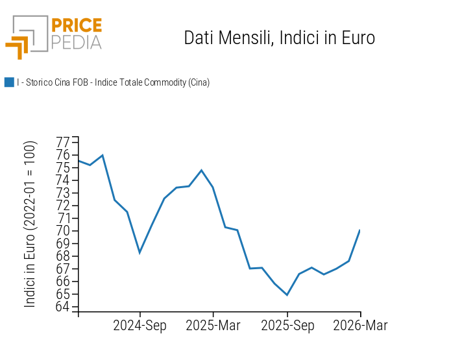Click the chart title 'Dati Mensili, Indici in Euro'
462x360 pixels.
[279, 38]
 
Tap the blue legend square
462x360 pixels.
[9, 82]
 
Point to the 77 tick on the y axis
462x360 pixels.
[63, 142]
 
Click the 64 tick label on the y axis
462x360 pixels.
[63, 307]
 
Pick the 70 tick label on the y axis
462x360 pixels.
[63, 231]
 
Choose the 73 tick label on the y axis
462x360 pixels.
[63, 193]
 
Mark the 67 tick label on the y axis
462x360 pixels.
[63, 269]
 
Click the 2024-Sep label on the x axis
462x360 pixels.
[140, 326]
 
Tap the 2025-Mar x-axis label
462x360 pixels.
[213, 326]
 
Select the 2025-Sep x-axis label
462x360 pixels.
[287, 326]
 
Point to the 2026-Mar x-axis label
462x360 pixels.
[360, 326]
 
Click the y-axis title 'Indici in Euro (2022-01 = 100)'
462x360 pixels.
[30, 224]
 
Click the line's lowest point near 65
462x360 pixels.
[287, 294]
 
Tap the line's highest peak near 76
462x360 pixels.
[103, 155]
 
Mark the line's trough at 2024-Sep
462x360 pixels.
[140, 252]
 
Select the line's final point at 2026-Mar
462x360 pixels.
[360, 230]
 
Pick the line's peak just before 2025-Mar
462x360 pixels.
[201, 170]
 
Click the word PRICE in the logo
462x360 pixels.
[76, 26]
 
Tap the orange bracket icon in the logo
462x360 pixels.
[18, 47]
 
